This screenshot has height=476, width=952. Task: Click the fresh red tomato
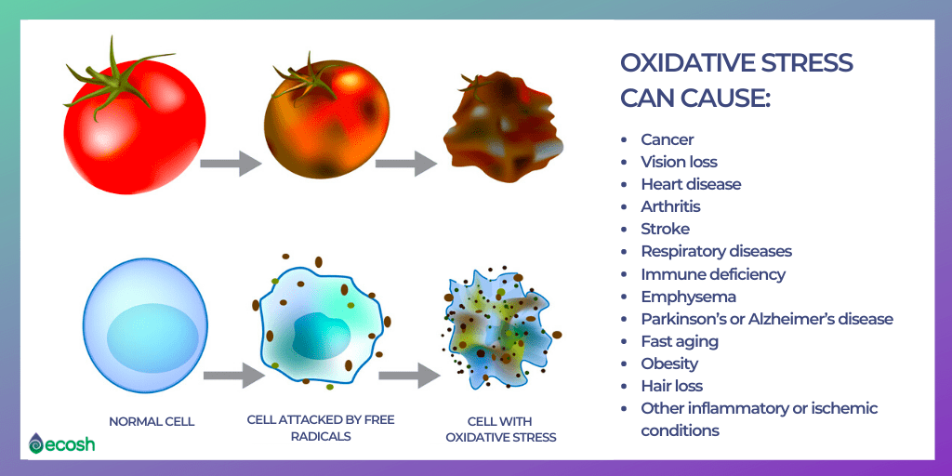pyautogui.click(x=135, y=126)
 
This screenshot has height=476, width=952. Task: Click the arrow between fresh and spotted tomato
pyautogui.click(x=231, y=164)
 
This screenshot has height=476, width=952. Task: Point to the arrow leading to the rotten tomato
pyautogui.click(x=406, y=164)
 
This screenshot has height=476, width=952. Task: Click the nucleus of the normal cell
pyautogui.click(x=152, y=338)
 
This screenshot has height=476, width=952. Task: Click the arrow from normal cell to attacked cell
pyautogui.click(x=233, y=376)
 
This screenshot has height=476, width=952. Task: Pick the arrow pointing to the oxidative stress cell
pyautogui.click(x=410, y=376)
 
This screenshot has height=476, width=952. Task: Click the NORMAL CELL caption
pyautogui.click(x=152, y=421)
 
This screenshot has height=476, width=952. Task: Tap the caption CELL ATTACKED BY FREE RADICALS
pyautogui.click(x=322, y=428)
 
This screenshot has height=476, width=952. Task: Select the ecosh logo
pyautogui.click(x=61, y=443)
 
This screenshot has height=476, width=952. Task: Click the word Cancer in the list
pyautogui.click(x=668, y=139)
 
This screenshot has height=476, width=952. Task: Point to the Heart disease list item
pyautogui.click(x=691, y=184)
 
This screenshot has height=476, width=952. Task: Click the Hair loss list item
pyautogui.click(x=671, y=386)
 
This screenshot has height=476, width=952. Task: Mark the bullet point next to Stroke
pyautogui.click(x=624, y=230)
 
